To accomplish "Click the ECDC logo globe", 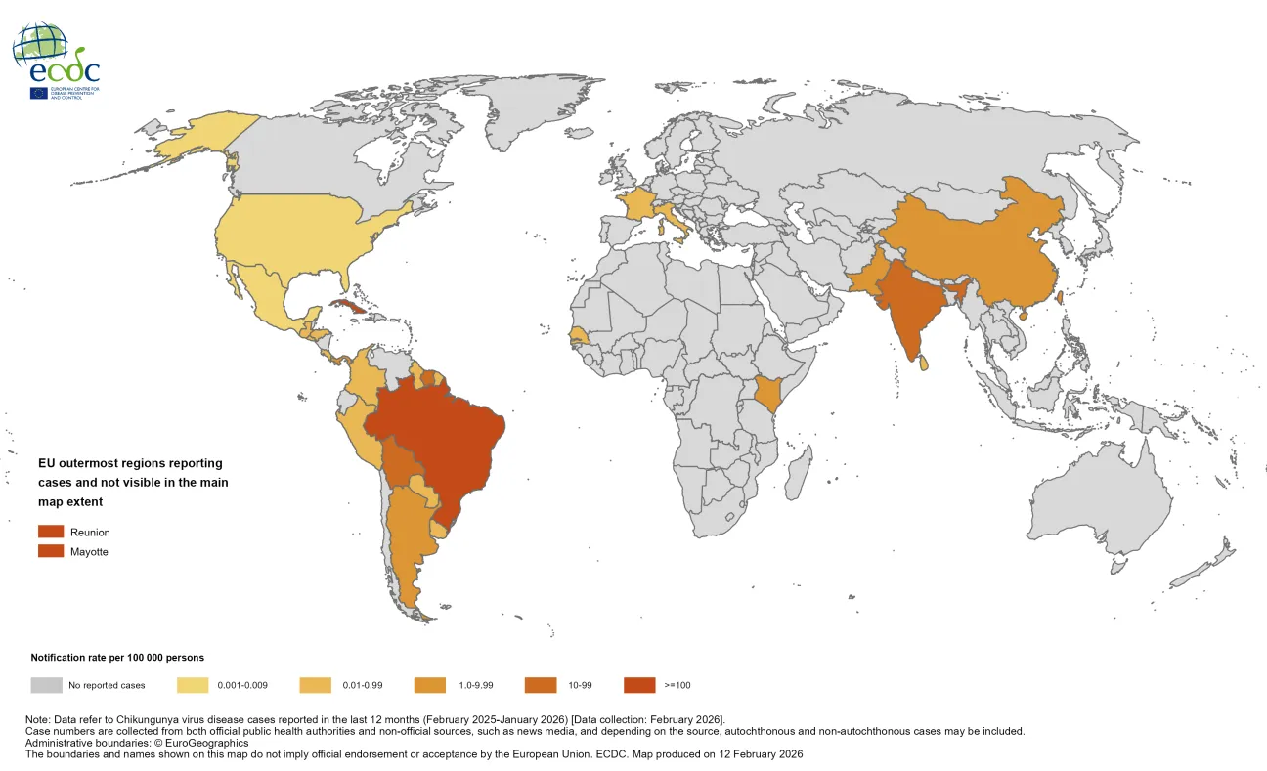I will [41, 45].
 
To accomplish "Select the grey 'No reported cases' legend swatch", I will [46, 685].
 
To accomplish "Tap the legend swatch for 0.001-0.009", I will [194, 685].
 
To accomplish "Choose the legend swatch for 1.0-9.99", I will [430, 685].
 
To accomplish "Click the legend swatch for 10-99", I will [542, 685].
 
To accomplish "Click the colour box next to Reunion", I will [51, 532].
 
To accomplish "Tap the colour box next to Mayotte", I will [51, 551].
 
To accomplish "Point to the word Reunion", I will [90, 533].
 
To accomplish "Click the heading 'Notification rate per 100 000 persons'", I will [117, 658].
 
